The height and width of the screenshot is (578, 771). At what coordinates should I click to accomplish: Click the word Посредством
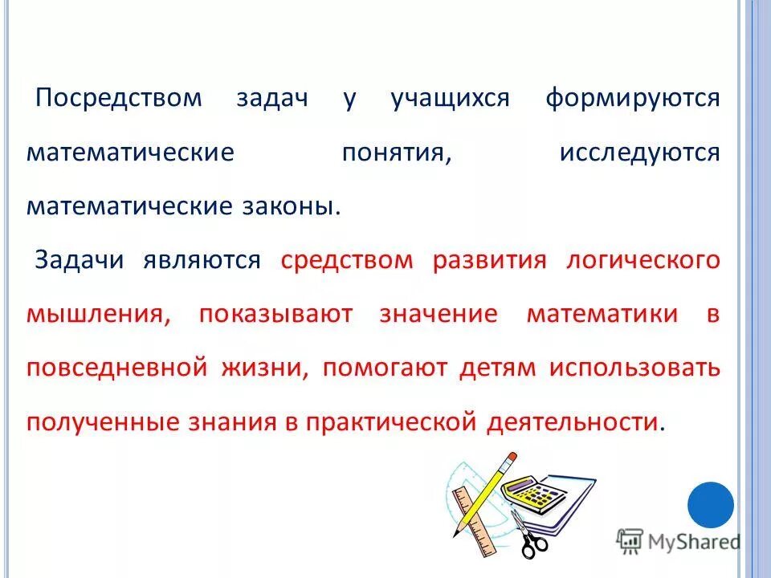click(x=120, y=100)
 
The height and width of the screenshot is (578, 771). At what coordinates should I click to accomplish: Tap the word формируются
click(x=633, y=100)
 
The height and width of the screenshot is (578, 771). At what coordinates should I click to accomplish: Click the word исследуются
click(x=639, y=153)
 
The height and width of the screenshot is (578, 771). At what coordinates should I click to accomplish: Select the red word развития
click(x=489, y=260)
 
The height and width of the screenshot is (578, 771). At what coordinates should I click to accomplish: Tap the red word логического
click(x=642, y=260)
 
